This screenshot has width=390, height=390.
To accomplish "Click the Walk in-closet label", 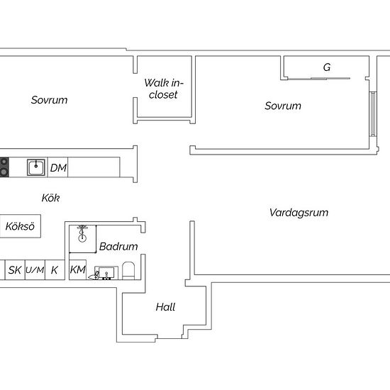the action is [164, 89].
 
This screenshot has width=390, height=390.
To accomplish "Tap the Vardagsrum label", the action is [299, 213].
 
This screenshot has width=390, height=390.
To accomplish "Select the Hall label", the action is [165, 307].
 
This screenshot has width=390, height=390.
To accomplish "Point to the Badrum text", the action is [118, 247].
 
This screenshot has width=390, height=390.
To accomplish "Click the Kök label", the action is [50, 198].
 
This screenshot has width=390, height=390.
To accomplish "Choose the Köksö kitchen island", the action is [20, 226].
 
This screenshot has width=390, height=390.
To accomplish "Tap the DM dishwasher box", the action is [57, 167].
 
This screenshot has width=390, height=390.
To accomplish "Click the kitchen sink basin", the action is [36, 167].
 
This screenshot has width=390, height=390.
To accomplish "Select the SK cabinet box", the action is [15, 270].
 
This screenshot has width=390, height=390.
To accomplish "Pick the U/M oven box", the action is [35, 270].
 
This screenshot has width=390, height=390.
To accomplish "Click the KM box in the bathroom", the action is [77, 269].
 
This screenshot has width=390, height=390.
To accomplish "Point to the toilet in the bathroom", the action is [128, 271].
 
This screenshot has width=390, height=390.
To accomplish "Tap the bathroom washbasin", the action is [106, 273].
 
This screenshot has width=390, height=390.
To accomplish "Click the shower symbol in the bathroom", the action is [82, 233].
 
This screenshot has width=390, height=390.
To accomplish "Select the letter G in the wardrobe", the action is [327, 67].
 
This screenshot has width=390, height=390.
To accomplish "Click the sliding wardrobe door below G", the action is [319, 79].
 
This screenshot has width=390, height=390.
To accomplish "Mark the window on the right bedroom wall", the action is [372, 114].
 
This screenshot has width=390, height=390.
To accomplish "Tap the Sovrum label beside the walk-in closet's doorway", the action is [49, 100].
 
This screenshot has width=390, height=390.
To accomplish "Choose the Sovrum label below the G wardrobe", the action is [283, 106].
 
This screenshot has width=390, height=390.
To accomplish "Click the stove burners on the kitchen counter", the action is [4, 167].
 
